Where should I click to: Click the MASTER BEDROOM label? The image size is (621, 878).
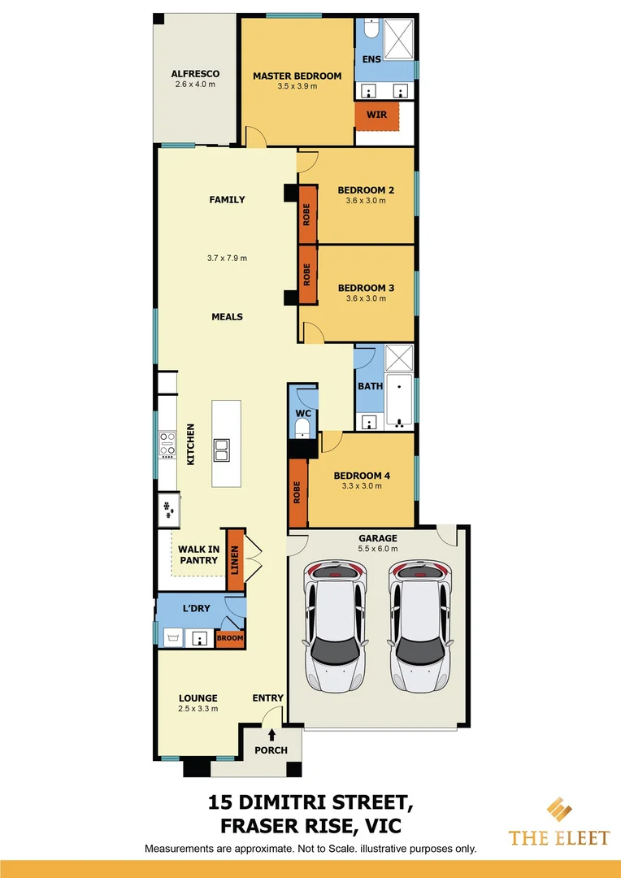pyautogui.click(x=297, y=76)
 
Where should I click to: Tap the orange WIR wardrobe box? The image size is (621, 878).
pyautogui.click(x=377, y=115)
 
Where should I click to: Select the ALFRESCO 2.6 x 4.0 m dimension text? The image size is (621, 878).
pyautogui.click(x=195, y=85)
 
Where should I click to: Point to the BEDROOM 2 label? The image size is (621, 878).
pyautogui.click(x=366, y=190)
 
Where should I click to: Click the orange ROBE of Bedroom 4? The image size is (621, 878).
pyautogui.click(x=297, y=493)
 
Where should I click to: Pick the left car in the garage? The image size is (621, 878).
pyautogui.click(x=334, y=624)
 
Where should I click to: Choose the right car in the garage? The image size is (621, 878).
pyautogui.click(x=420, y=624)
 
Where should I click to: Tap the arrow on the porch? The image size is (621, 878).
pyautogui.click(x=271, y=734)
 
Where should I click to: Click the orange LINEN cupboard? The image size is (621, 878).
pyautogui.click(x=235, y=559)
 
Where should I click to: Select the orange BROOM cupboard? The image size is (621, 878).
pyautogui.click(x=229, y=639)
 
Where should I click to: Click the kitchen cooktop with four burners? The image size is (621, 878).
pyautogui.click(x=167, y=444)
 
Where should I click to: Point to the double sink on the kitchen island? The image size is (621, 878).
pyautogui.click(x=222, y=448)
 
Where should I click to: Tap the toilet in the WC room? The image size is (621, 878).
pyautogui.click(x=302, y=426)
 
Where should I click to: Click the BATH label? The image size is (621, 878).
pyautogui.click(x=370, y=386)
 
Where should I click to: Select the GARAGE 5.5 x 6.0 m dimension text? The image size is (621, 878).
pyautogui.click(x=379, y=549)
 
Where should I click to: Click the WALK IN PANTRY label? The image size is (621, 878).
pyautogui.click(x=198, y=554)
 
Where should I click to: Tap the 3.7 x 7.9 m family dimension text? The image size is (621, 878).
pyautogui.click(x=227, y=258)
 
